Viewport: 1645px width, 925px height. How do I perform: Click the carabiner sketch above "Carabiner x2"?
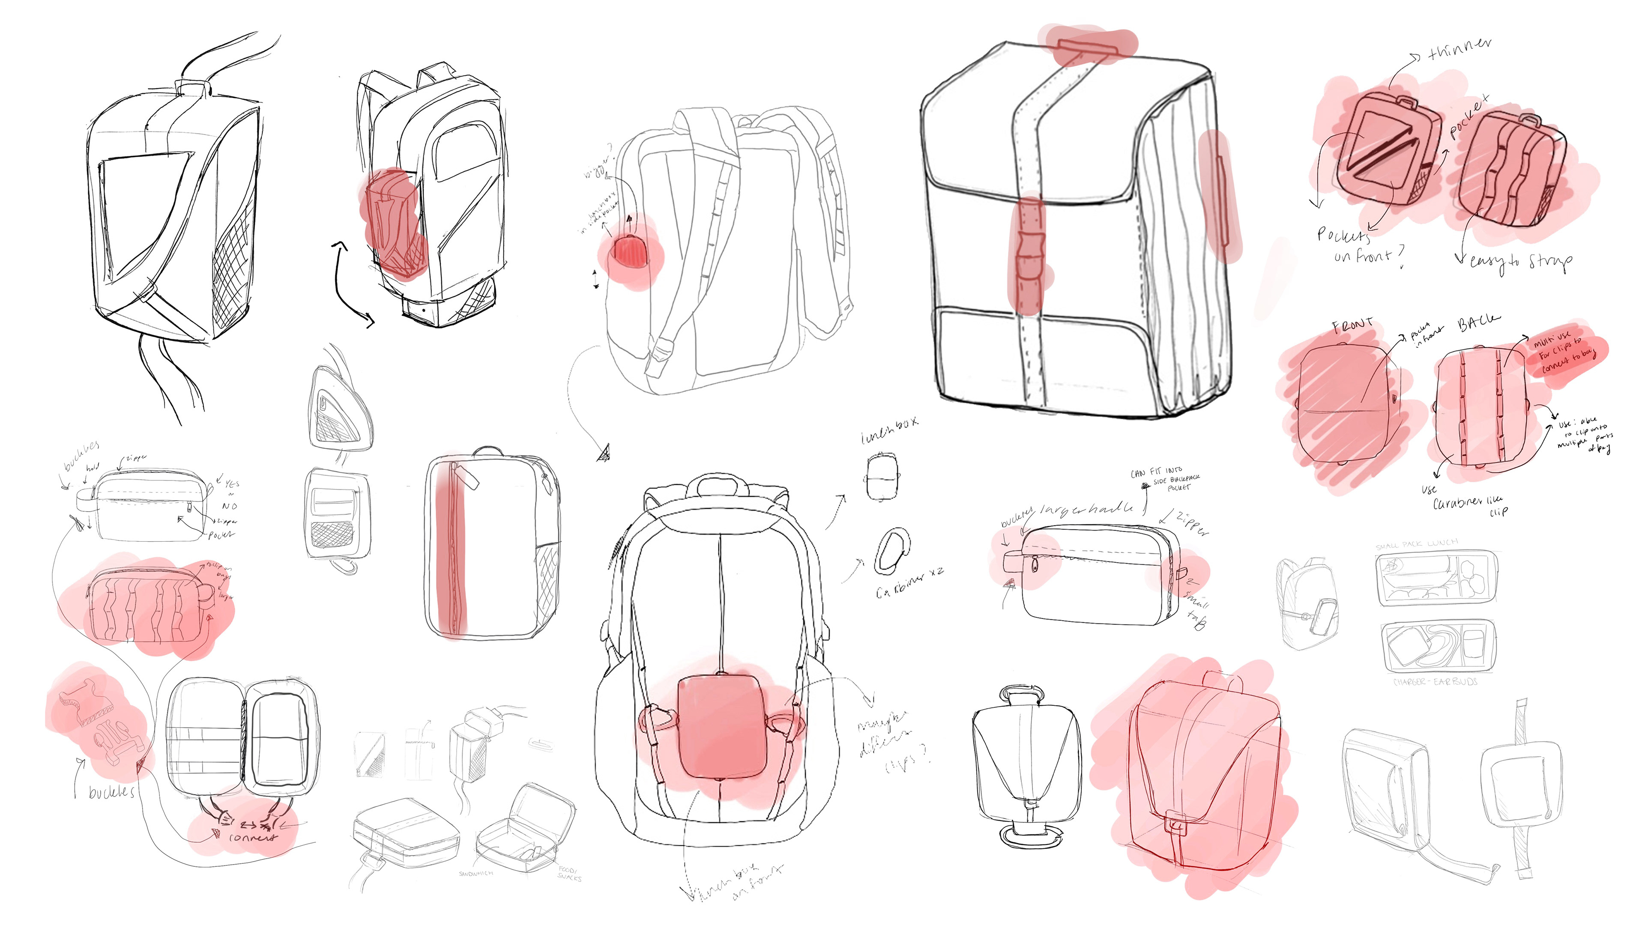(x=891, y=550)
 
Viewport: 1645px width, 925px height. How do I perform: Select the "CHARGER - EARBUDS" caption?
(x=1435, y=682)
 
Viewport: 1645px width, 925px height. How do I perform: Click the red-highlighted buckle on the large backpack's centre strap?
(x=1029, y=255)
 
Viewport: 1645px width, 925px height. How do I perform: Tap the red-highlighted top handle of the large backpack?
(x=1088, y=47)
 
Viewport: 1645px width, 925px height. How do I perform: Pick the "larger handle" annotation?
(x=1086, y=509)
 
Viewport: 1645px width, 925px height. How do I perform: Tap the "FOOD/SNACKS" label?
(x=568, y=873)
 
